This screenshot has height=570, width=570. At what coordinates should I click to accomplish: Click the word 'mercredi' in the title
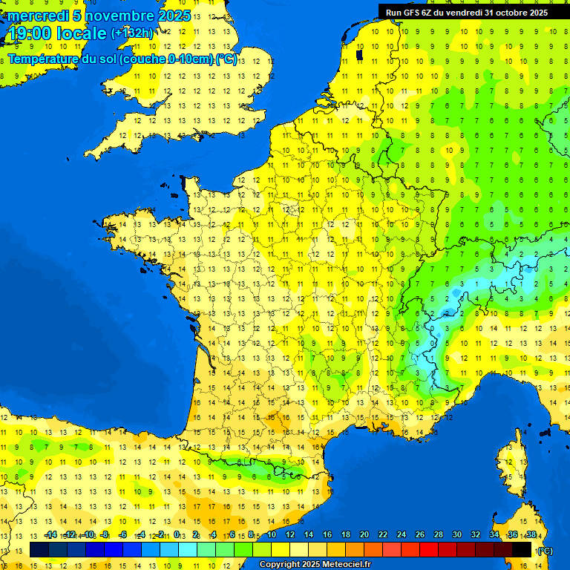(x=38, y=16)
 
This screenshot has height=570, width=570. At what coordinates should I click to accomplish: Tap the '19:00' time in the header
(x=29, y=33)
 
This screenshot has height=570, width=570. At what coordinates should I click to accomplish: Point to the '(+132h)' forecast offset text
(x=132, y=33)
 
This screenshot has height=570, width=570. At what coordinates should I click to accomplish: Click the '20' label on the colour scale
(x=364, y=535)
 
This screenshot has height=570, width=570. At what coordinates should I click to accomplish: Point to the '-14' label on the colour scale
(x=51, y=535)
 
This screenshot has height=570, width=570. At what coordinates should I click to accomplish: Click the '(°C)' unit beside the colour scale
(x=544, y=550)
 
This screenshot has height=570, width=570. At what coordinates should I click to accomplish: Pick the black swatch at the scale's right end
(x=522, y=549)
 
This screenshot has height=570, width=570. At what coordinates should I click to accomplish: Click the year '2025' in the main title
(x=174, y=16)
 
